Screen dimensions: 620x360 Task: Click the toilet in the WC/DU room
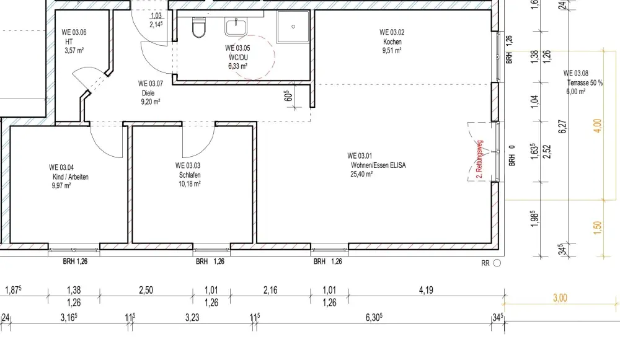[x=199, y=27]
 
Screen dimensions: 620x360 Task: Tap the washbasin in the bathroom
[x=236, y=27]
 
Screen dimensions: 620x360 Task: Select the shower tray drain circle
[x=293, y=27]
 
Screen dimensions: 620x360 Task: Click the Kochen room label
[x=392, y=42]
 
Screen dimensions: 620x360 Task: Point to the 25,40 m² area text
[x=361, y=174]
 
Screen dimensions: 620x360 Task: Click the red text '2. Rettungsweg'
[x=480, y=159]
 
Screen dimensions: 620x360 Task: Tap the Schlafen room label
[x=190, y=175]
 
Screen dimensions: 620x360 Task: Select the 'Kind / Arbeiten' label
[x=71, y=177]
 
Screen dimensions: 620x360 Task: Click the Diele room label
[x=148, y=93]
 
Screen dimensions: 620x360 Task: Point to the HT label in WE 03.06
[x=69, y=42]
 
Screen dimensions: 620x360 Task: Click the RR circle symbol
[x=497, y=263]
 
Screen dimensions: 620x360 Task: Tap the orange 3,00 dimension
[x=560, y=297]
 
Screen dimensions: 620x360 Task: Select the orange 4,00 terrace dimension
[x=597, y=126]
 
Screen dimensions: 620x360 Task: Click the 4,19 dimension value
[x=426, y=290]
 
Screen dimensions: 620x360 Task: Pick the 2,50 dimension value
[x=146, y=290]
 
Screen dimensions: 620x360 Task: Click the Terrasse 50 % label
[x=585, y=83]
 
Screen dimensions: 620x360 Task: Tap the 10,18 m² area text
[x=189, y=184]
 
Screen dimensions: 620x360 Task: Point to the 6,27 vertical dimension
[x=563, y=126]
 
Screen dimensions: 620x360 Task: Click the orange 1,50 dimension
[x=597, y=227]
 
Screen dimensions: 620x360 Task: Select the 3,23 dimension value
[x=192, y=317]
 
